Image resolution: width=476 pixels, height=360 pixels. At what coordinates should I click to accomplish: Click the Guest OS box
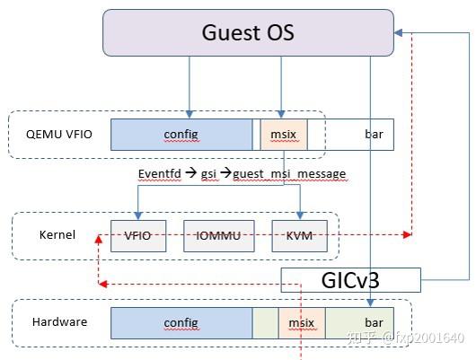(x=248, y=32)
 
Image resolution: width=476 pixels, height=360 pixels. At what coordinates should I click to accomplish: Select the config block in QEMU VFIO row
(x=181, y=135)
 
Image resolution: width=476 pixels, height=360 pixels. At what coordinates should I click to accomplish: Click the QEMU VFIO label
(x=56, y=135)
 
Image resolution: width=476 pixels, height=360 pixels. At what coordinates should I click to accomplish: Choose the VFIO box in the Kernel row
(x=137, y=235)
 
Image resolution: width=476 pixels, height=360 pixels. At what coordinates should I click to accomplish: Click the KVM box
(x=300, y=235)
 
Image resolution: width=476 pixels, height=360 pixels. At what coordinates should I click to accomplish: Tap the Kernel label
(x=57, y=235)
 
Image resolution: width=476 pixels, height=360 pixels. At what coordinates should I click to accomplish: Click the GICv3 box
(x=350, y=280)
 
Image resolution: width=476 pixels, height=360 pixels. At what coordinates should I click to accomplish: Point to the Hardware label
(x=59, y=321)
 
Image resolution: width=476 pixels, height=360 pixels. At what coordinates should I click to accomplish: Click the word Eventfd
(x=159, y=172)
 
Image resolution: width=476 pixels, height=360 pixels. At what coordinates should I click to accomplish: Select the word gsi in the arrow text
(x=209, y=172)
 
